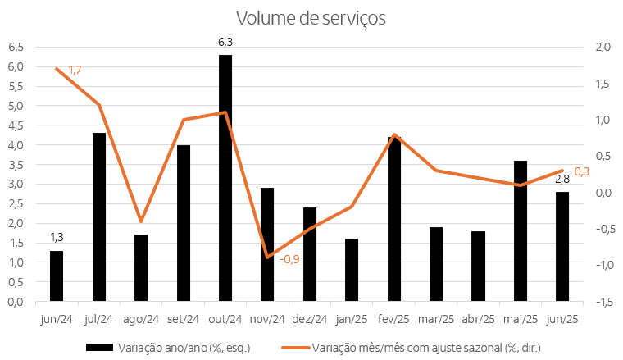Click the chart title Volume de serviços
pyautogui.click(x=310, y=18)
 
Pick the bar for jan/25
pyautogui.click(x=352, y=270)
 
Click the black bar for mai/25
pyautogui.click(x=521, y=230)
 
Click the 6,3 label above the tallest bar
pyautogui.click(x=225, y=41)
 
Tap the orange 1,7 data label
pyautogui.click(x=75, y=71)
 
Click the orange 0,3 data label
pyautogui.click(x=581, y=171)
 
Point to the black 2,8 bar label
pyautogui.click(x=562, y=180)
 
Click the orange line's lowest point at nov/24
pyautogui.click(x=267, y=257)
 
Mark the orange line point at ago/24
pyautogui.click(x=141, y=221)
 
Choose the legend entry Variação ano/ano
pyautogui.click(x=168, y=348)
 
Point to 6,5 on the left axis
pyautogui.click(x=16, y=47)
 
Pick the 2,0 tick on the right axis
pyautogui.click(x=603, y=47)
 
